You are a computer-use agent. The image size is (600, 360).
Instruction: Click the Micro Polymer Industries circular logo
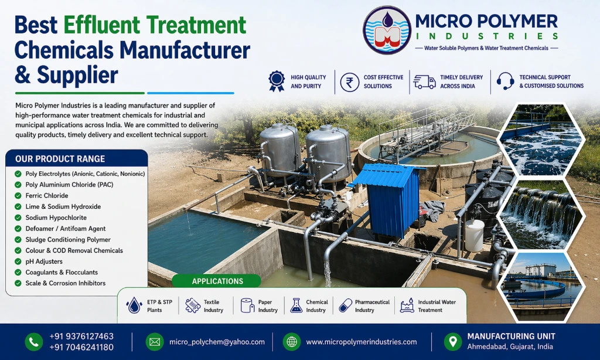coord(387,30)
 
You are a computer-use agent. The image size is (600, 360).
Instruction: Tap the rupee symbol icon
coord(350,81)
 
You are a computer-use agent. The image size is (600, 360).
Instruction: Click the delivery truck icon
coord(424,81)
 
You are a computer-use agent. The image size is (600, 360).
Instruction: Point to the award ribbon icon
coord(276,81)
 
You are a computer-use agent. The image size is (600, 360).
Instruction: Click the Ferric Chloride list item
coord(47,196)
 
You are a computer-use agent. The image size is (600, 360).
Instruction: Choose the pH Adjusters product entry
coord(44,261)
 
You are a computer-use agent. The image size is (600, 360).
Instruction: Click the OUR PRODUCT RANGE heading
coord(60,159)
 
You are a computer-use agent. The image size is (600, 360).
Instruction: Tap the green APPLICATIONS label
coord(217,281)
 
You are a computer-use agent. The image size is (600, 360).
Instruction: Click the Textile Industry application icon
coord(193,305)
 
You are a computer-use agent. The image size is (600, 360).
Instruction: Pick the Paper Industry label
coord(268,306)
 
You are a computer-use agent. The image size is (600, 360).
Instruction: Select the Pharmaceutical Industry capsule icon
coord(345,305)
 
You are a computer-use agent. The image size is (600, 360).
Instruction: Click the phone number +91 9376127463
coord(81,337)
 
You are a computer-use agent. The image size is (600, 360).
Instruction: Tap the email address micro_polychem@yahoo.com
coord(217,342)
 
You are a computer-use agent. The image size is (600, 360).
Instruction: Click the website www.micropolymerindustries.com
coord(361,342)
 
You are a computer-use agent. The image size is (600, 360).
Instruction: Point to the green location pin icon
coord(452,341)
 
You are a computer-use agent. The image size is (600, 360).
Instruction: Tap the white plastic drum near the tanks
coord(474,235)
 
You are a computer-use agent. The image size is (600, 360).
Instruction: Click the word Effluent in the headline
coord(103,25)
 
